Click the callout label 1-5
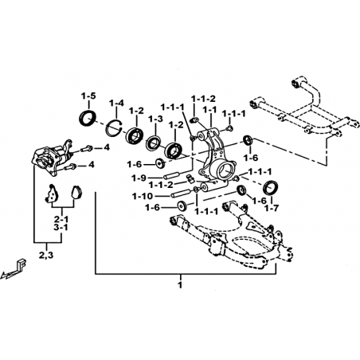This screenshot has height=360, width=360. pyautogui.click(x=88, y=96)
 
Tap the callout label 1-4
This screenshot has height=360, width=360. pyautogui.click(x=116, y=103)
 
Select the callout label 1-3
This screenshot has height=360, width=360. pyautogui.click(x=155, y=119)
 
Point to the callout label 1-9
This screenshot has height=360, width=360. pyautogui.click(x=139, y=178)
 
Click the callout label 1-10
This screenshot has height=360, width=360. pyautogui.click(x=143, y=196)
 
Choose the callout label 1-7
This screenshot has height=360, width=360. pyautogui.click(x=271, y=208)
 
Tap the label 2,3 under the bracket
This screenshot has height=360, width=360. pyautogui.click(x=46, y=256)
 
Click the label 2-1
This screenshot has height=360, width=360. pyautogui.click(x=61, y=219)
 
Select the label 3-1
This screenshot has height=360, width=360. pyautogui.click(x=61, y=228)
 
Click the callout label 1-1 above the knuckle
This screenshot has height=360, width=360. pyautogui.click(x=209, y=109)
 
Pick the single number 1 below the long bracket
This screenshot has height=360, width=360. pyautogui.click(x=180, y=285)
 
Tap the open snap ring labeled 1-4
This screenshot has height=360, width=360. pyautogui.click(x=114, y=128)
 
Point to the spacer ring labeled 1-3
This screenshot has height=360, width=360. pyautogui.click(x=154, y=143)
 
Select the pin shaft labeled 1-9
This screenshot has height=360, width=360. pyautogui.click(x=173, y=176)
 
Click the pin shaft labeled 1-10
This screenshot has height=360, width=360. pyautogui.click(x=180, y=194)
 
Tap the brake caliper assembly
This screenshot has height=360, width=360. pyautogui.click(x=52, y=157)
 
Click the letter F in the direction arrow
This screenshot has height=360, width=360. pyautogui.click(x=22, y=264)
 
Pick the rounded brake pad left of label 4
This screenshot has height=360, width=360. pyautogui.click(x=76, y=192)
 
